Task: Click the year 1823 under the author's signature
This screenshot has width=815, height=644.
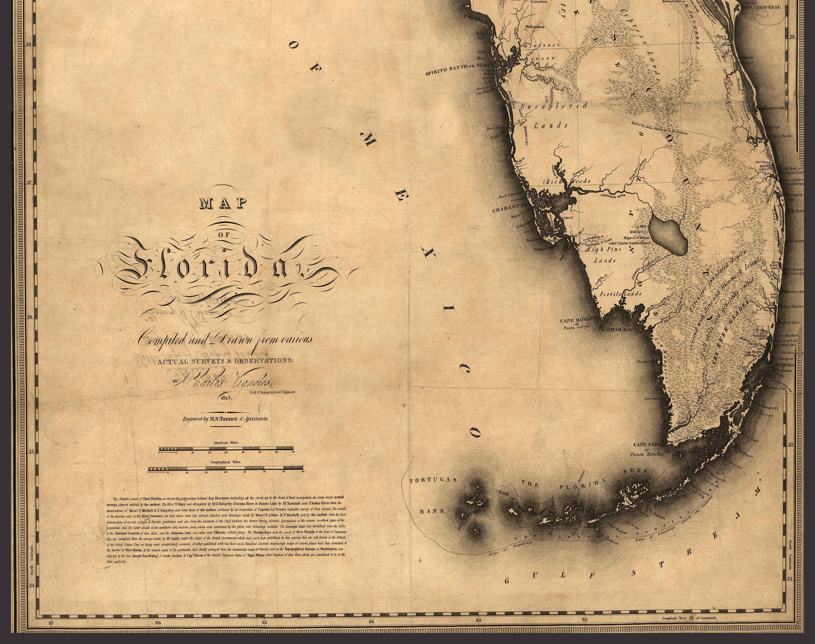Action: point(226,397)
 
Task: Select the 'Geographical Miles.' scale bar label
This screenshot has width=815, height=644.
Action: point(226,462)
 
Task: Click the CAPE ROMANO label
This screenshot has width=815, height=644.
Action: point(579,321)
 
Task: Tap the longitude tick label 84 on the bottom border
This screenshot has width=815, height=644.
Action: point(371,622)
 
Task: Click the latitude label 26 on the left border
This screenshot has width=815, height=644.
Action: point(30,317)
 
